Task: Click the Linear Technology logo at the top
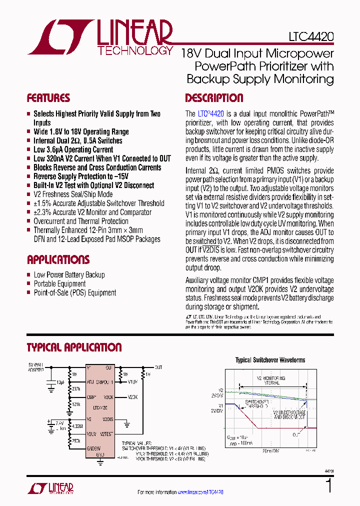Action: [100, 37]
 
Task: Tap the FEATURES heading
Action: [48, 98]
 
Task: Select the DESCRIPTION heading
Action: [214, 98]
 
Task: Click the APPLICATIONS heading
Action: [58, 259]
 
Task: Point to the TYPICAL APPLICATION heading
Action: [74, 347]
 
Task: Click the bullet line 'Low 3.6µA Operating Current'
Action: [73, 149]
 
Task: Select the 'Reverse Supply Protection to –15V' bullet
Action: [80, 176]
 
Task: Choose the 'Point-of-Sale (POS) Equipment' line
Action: [74, 292]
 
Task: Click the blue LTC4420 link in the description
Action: [210, 114]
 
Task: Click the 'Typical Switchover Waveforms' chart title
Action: [270, 360]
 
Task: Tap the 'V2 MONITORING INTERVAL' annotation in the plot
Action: [270, 380]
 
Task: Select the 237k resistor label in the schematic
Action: [76, 388]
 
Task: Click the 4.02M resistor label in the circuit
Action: [77, 426]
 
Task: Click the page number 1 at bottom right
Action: [328, 486]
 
